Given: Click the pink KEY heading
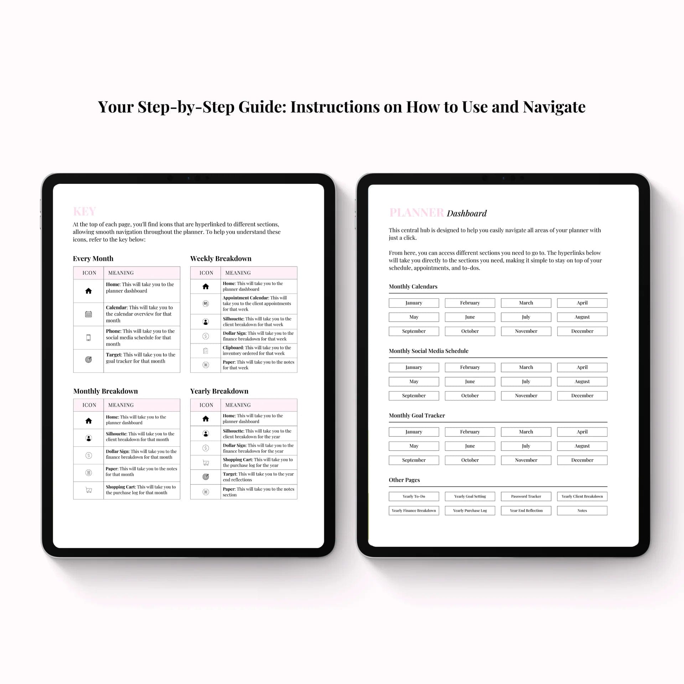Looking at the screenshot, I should tap(84, 211).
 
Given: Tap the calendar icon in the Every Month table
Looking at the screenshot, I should tap(88, 314).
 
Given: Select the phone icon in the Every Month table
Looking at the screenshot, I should tap(88, 338).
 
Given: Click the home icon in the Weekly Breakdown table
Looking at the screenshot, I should tap(206, 286).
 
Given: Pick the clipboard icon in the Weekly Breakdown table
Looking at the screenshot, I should tap(206, 351).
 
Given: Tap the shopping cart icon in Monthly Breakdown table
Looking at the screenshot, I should tap(89, 490).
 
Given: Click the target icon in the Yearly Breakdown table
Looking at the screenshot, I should tap(206, 477).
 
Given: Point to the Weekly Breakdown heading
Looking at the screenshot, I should tap(221, 259).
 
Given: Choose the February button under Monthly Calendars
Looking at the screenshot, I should tap(470, 303).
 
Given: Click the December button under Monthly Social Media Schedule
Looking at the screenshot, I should tap(582, 396).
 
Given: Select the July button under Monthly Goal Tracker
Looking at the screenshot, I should tap(526, 446).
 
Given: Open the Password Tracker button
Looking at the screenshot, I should tap(526, 496).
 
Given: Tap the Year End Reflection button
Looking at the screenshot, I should tap(526, 511).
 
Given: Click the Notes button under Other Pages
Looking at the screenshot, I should tap(582, 511).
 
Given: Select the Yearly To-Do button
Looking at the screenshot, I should tap(414, 496).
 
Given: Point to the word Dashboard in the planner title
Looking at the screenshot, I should tap(466, 213).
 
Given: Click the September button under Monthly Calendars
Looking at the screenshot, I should tap(414, 331).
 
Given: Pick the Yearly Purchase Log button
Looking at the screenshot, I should tap(470, 511).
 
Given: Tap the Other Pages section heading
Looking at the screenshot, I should tap(404, 480).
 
